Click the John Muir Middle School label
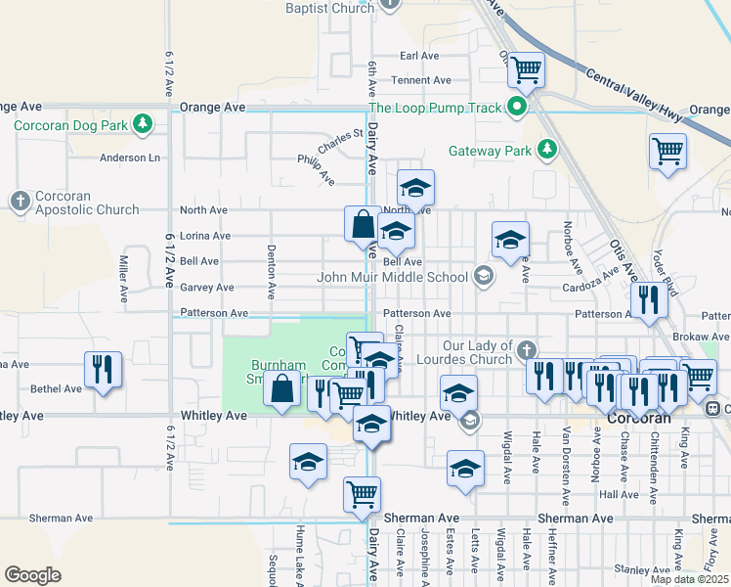tap(393, 277)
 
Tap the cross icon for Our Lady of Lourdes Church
tap(527, 349)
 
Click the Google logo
tap(32, 575)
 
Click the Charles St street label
tap(339, 143)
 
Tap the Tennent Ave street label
tap(421, 80)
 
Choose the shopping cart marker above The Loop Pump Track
tap(526, 69)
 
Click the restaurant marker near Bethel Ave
tap(103, 370)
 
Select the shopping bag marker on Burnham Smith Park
tap(281, 387)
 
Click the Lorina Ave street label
tap(205, 236)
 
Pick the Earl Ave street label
tap(421, 57)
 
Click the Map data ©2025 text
tap(690, 579)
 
